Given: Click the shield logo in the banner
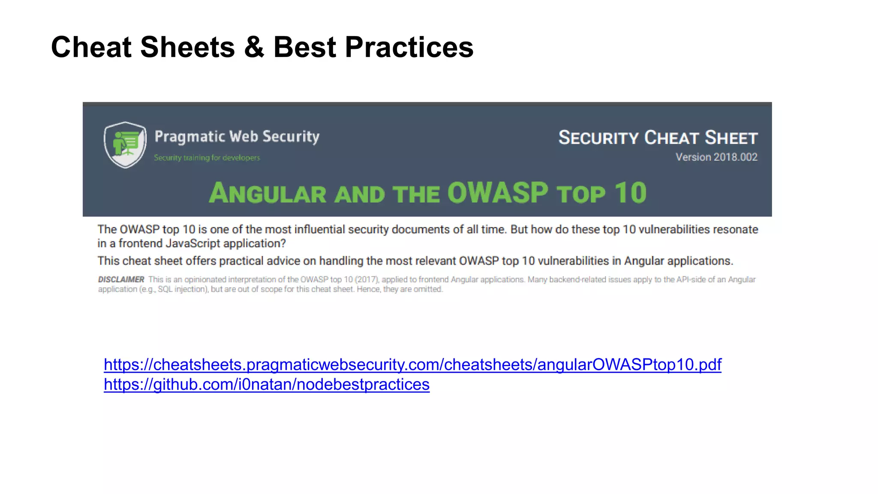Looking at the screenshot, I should coord(125,145).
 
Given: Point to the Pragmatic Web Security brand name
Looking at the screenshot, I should coord(237,136).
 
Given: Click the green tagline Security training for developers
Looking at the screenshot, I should coord(207,158).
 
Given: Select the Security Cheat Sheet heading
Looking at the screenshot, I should coord(658,138).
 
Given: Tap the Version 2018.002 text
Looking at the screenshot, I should coord(716,157).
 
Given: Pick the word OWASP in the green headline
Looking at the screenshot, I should coord(498,193).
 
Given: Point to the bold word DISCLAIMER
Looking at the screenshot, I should coord(121,280).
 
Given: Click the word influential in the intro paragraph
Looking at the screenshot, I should coord(320,229).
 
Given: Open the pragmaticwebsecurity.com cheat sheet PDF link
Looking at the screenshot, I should coord(412,364).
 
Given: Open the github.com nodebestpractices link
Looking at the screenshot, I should coord(266,385).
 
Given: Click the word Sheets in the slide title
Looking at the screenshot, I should coord(187,47).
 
